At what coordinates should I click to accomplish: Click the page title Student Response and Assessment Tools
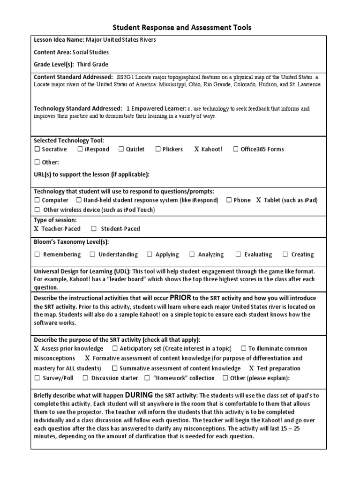(182, 28)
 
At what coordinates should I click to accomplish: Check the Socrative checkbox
(37, 150)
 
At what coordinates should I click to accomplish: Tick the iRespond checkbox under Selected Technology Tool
(80, 150)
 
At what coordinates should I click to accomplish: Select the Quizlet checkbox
(121, 150)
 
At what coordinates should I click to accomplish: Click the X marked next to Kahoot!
(197, 150)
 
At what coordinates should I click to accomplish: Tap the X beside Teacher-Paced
(37, 229)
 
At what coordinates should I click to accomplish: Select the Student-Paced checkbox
(94, 229)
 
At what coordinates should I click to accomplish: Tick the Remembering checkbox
(37, 255)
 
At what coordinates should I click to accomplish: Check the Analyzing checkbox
(192, 255)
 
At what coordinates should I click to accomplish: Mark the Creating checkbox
(285, 255)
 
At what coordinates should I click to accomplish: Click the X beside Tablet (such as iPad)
(258, 200)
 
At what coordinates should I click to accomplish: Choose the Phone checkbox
(229, 200)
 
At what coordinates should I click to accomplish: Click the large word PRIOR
(180, 298)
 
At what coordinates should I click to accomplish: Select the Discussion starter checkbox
(85, 378)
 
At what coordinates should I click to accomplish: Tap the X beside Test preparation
(252, 368)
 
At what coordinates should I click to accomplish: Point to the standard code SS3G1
(127, 77)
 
